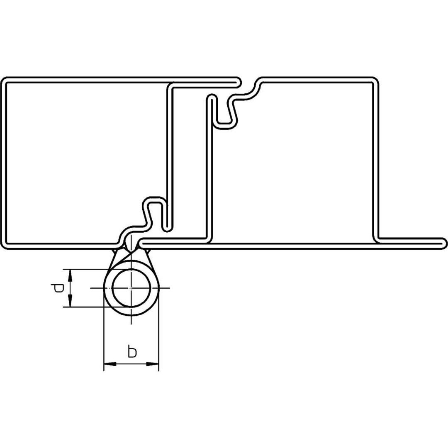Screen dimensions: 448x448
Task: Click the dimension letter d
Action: [58, 288]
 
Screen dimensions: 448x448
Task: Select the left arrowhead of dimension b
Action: [110, 364]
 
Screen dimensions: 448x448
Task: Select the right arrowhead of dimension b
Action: [152, 364]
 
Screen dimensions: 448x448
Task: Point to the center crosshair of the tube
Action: [131, 288]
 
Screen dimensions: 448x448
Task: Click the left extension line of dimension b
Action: [103, 329]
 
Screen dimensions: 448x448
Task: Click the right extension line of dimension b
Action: [158, 329]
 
